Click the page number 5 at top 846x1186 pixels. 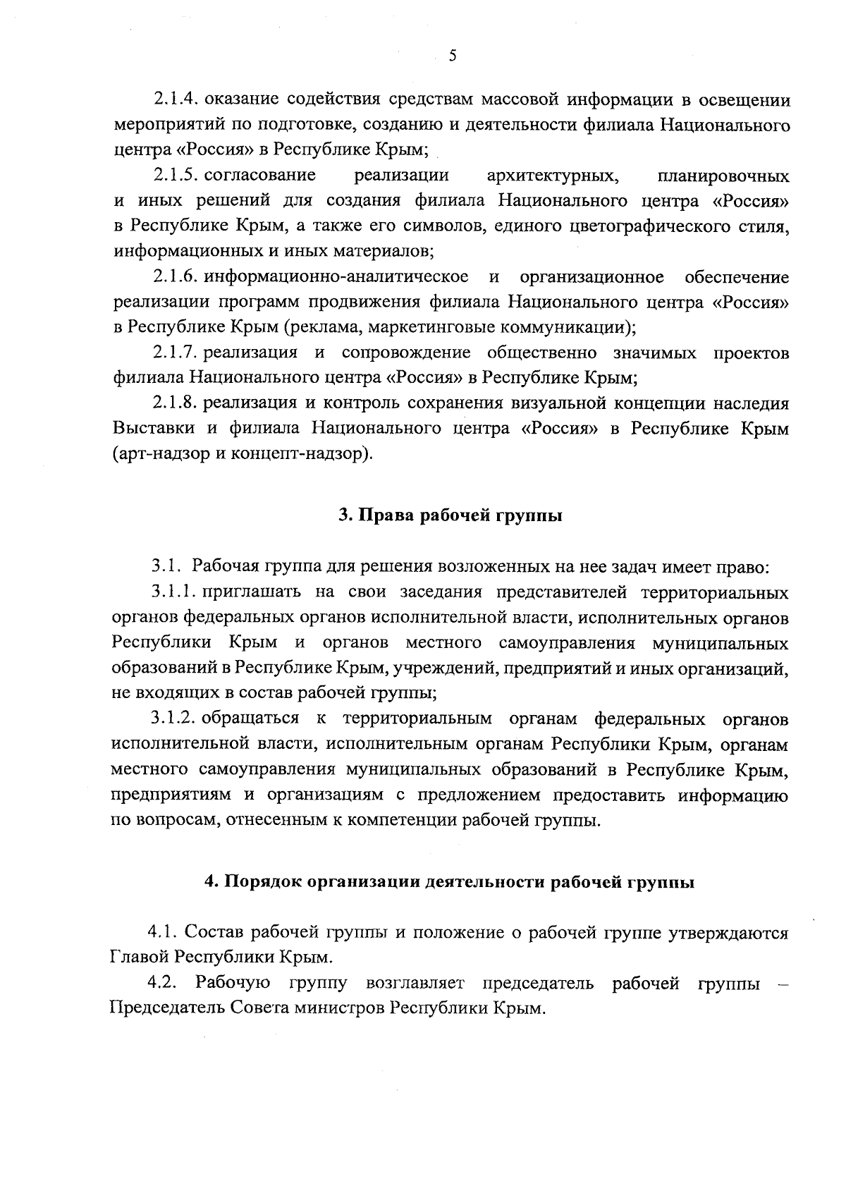(452, 56)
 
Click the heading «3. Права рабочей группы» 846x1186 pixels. (450, 515)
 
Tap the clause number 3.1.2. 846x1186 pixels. (173, 719)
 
